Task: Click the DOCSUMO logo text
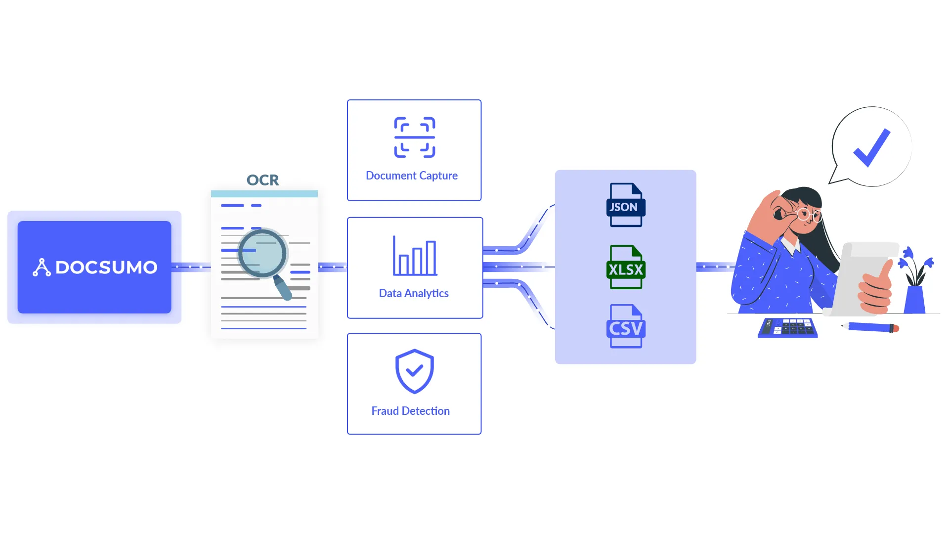point(106,267)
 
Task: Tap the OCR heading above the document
point(262,180)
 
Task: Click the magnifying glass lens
point(262,253)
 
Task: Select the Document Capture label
point(411,176)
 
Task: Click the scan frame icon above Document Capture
point(414,137)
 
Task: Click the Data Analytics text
point(413,293)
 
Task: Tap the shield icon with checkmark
point(414,371)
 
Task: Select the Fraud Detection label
point(410,411)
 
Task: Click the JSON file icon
point(625,205)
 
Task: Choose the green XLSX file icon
point(625,267)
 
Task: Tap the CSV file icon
point(625,326)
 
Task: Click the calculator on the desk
point(787,328)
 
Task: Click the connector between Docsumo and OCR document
point(191,267)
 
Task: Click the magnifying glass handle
point(283,288)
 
